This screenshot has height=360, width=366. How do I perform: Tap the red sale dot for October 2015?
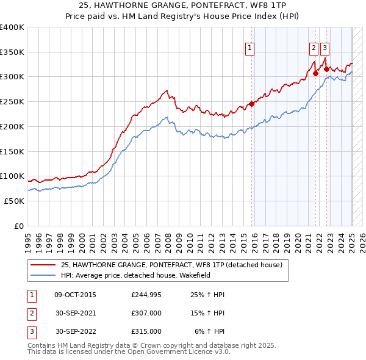(x=251, y=104)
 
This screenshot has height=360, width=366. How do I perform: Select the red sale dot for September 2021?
(x=315, y=73)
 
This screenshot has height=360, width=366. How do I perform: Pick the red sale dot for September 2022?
(x=326, y=69)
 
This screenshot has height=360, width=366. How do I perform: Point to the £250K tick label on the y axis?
(x=12, y=102)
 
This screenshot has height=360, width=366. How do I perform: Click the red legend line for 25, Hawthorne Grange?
(x=43, y=265)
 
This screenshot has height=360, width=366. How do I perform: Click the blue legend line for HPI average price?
(x=43, y=275)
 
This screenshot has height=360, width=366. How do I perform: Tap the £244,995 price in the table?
(x=146, y=295)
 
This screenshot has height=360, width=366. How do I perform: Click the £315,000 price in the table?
(x=146, y=331)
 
